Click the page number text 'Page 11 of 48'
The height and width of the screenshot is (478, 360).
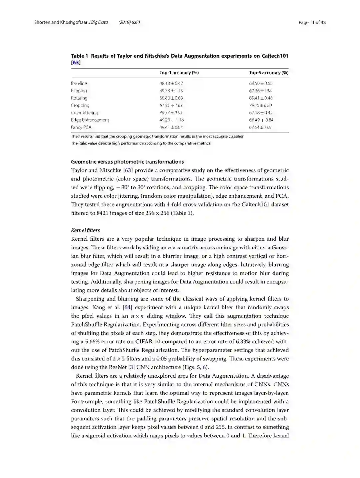click(x=312, y=22)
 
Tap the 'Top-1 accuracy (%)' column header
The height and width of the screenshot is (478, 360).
click(x=179, y=73)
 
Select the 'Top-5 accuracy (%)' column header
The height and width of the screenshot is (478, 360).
click(x=269, y=73)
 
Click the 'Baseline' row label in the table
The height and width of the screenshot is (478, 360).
click(x=79, y=83)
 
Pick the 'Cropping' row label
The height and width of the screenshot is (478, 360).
click(x=80, y=105)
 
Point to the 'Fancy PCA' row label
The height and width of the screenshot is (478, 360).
click(x=81, y=127)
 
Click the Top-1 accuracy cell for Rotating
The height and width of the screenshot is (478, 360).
click(x=171, y=98)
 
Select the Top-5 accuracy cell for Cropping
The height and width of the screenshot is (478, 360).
click(x=260, y=105)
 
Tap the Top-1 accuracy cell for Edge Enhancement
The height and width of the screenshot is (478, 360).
click(x=171, y=120)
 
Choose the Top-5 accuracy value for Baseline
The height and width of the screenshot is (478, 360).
click(x=261, y=83)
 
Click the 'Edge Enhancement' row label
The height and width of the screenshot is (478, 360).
click(x=90, y=120)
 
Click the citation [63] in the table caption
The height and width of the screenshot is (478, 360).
click(x=76, y=63)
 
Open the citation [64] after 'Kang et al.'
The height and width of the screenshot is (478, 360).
click(x=127, y=307)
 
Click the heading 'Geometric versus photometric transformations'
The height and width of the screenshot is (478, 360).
click(x=127, y=162)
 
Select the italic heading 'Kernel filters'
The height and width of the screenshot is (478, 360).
click(x=85, y=230)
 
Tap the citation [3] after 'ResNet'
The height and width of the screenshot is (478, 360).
click(x=133, y=367)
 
